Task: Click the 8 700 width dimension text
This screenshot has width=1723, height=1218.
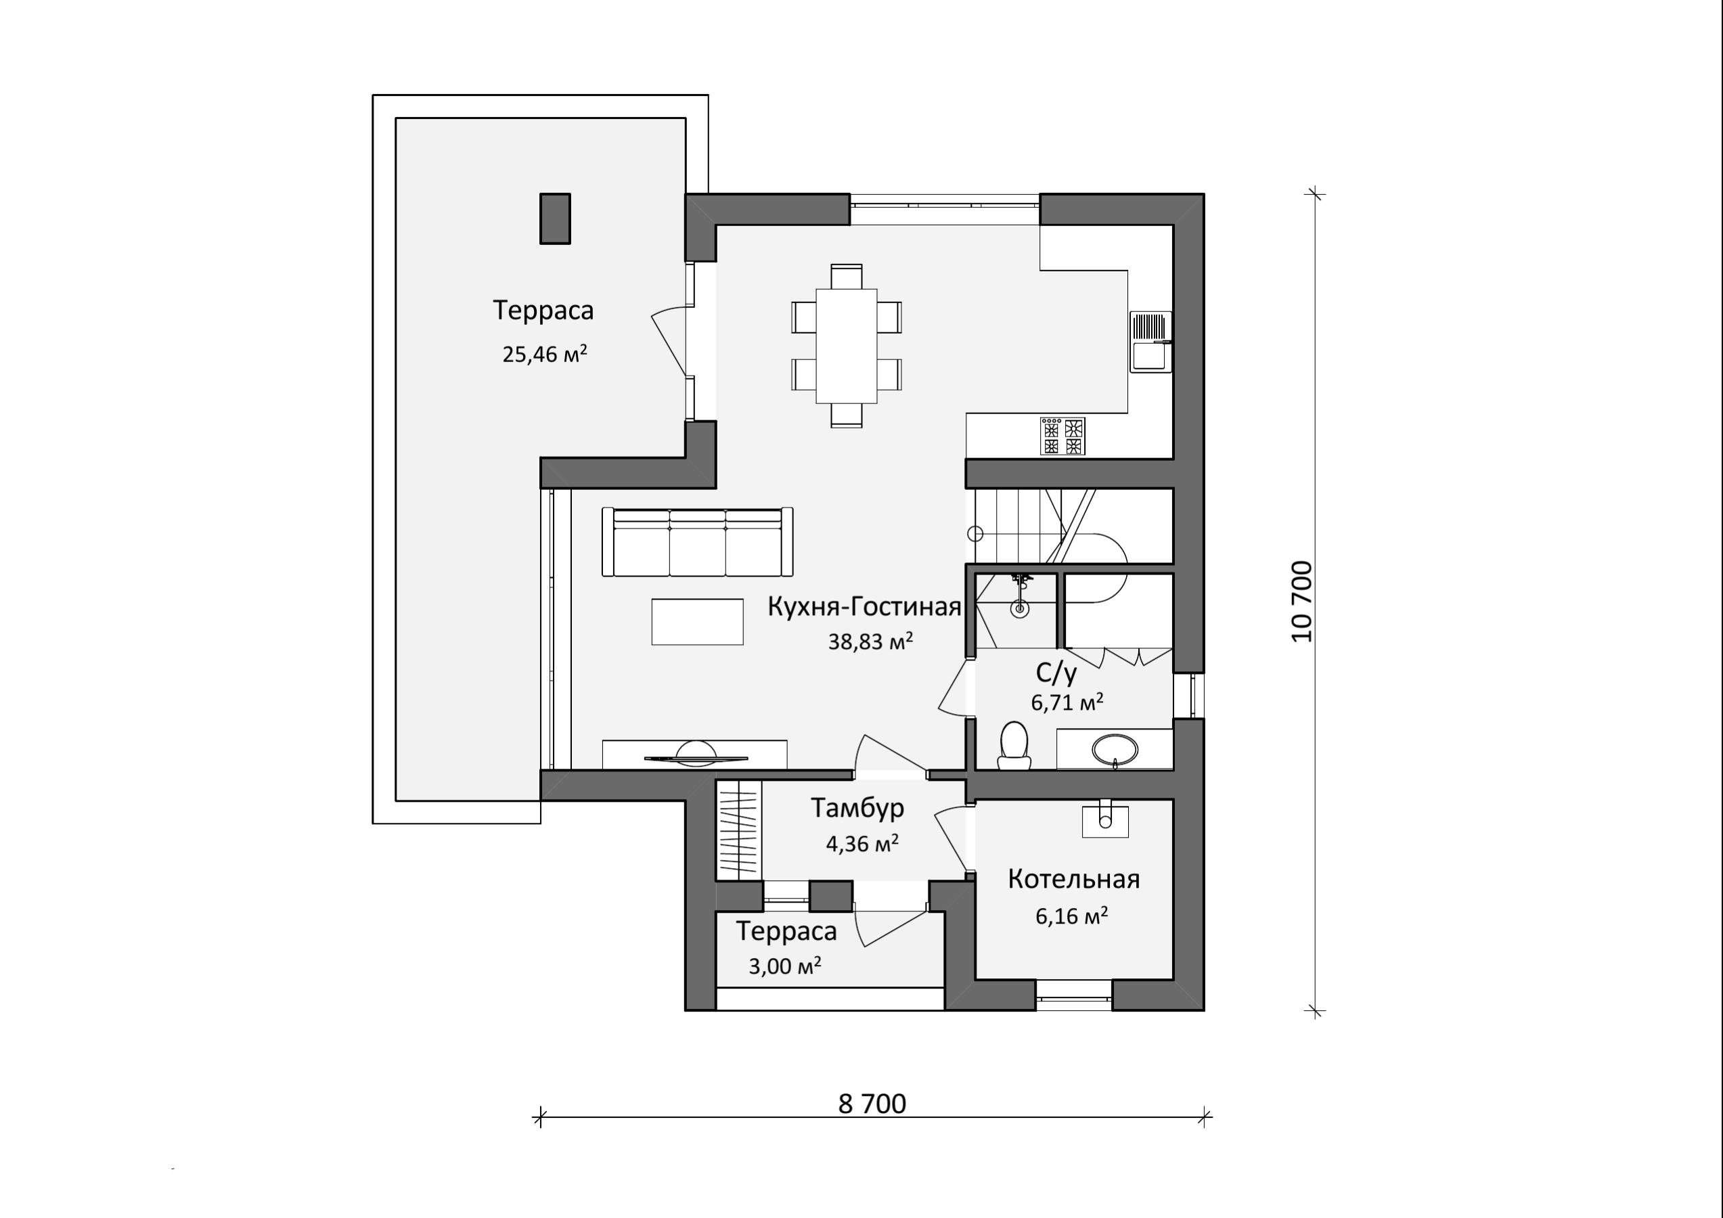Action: (872, 1104)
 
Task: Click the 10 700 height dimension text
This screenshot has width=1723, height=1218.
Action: (1303, 601)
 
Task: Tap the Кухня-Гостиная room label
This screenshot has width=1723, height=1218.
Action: (864, 606)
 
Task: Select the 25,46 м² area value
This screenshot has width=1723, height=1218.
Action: (544, 353)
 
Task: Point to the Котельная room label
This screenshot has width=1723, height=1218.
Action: (1074, 879)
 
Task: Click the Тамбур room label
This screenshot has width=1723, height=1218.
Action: (857, 808)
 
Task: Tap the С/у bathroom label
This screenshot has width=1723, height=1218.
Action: (1056, 673)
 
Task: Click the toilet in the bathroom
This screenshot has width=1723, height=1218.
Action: (1014, 745)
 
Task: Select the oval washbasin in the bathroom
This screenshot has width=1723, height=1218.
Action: (1115, 749)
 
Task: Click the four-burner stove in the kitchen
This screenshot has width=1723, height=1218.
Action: (1062, 436)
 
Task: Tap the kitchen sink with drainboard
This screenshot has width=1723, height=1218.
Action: (1151, 342)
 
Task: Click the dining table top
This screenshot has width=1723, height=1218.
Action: (847, 345)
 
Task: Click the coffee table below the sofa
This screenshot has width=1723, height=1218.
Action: (697, 621)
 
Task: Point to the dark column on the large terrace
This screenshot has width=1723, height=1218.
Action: (556, 219)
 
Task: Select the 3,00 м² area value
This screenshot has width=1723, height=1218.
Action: (785, 965)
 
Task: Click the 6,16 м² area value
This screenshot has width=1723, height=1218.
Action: (1071, 916)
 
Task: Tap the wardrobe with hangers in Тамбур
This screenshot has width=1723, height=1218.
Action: (739, 830)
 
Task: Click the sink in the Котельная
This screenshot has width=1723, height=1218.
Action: (1104, 818)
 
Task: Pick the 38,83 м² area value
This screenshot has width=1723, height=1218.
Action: (870, 641)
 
